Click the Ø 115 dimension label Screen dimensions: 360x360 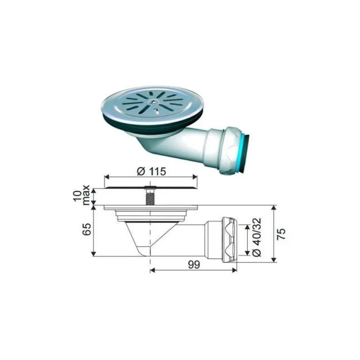point(151,171)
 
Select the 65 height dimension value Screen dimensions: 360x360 point(87,229)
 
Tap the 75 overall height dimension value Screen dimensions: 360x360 point(281,234)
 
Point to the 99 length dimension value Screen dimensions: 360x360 point(194,265)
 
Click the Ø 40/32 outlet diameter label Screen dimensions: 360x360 point(257,237)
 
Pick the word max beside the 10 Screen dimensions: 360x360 point(86,195)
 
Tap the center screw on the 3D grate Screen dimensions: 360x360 point(152,101)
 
